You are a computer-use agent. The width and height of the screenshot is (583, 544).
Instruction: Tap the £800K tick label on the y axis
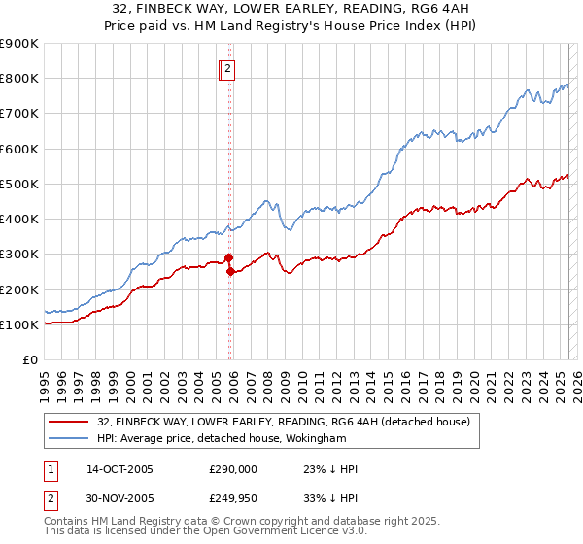coord(19,79)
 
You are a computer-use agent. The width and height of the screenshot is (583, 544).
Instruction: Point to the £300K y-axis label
coord(19,255)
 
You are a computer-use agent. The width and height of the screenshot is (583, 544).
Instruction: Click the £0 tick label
coord(29,360)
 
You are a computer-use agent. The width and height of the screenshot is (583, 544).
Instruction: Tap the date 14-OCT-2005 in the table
coord(120,469)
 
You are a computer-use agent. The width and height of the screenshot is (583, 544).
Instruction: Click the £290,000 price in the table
coord(234,469)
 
